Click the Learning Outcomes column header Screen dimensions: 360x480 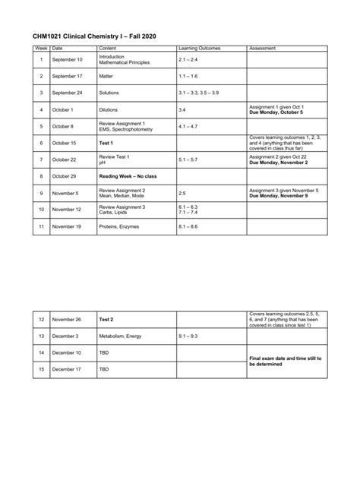coord(197,48)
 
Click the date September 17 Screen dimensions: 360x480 coord(68,76)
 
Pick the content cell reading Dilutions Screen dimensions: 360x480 coord(109,109)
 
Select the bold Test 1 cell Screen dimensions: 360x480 coord(106,143)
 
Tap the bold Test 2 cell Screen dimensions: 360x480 coord(106,320)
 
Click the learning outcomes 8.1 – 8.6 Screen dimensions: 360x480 coord(188,226)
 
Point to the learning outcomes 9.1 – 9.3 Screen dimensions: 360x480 coord(188,336)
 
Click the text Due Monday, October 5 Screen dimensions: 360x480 coord(276,112)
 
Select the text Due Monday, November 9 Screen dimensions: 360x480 coord(278,196)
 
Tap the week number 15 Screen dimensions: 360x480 coord(41,369)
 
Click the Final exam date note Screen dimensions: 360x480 coord(285,361)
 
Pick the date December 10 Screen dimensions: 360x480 coord(68,352)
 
